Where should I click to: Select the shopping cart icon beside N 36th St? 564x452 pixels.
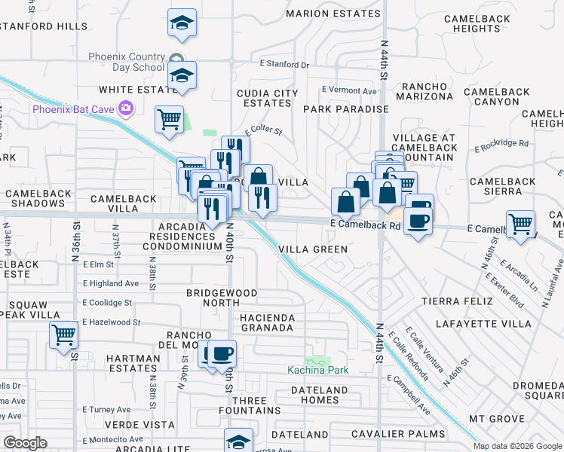(64, 334)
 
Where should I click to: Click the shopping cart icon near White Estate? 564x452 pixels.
(169, 119)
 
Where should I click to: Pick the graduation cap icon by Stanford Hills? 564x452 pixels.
(182, 23)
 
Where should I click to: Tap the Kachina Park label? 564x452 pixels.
(317, 370)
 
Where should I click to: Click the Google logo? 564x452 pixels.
(25, 443)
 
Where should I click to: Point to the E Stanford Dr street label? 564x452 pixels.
(284, 65)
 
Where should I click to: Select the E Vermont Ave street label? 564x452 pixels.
(348, 90)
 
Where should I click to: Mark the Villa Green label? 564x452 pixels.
(313, 249)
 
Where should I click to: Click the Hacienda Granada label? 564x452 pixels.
(266, 322)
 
